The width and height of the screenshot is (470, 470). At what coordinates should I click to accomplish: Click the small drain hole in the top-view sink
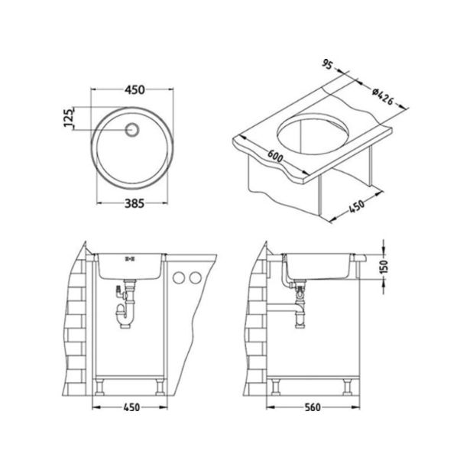(132, 129)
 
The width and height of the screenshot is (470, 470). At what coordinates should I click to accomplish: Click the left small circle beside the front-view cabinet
(180, 277)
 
